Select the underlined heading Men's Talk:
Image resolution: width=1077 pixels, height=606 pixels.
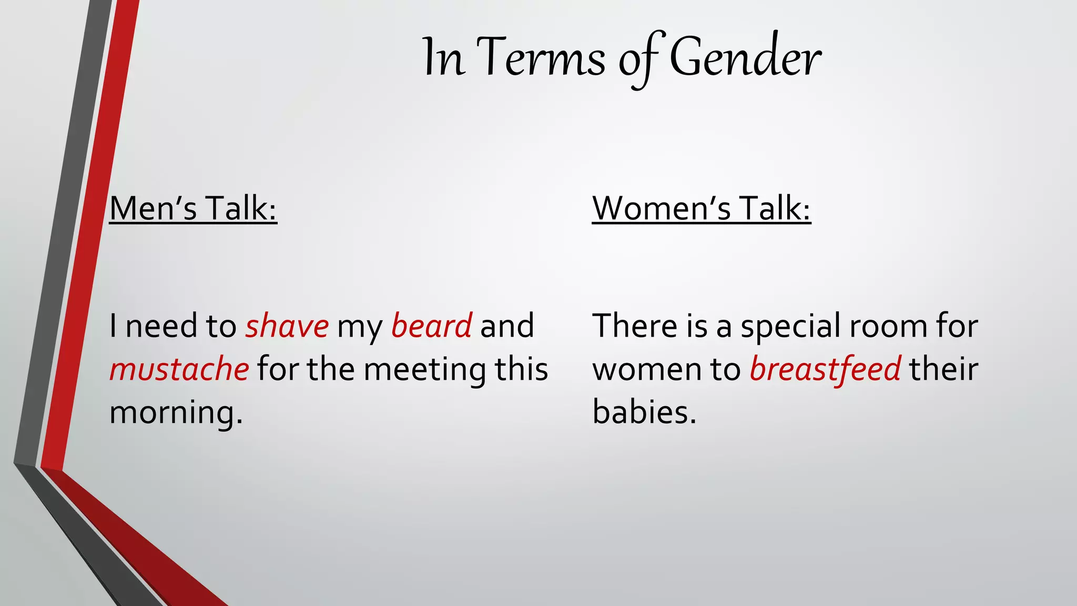coord(193,208)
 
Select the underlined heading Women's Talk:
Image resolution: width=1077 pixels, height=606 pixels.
coord(701,208)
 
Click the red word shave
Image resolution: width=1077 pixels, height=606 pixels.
coord(287,326)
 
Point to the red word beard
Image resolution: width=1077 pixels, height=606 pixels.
coord(431,326)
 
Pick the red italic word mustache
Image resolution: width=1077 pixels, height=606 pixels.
coord(179,369)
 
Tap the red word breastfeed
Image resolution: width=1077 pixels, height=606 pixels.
coord(825,369)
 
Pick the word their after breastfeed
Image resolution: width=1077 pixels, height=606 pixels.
coord(944,369)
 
